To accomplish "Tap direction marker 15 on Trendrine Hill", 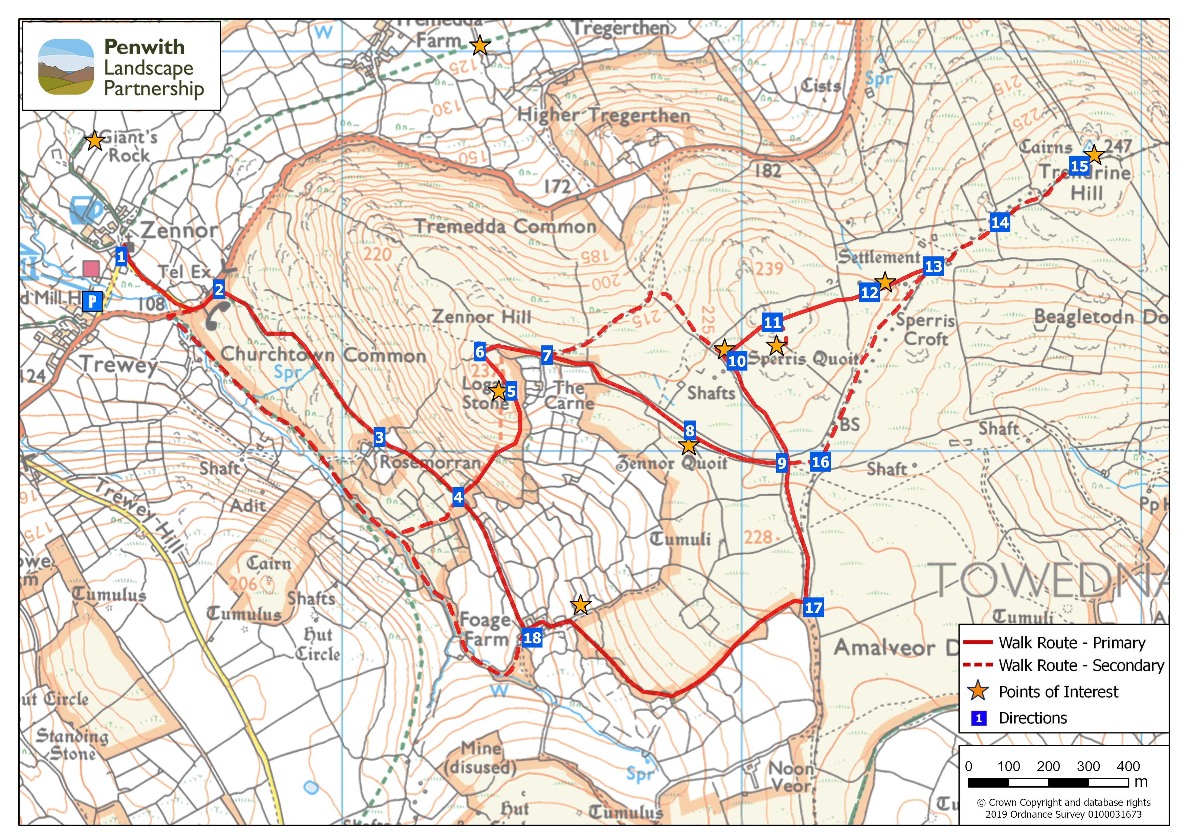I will (1079, 166).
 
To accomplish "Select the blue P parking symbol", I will (92, 301).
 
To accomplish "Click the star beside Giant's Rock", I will (95, 140).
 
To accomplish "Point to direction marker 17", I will (813, 607).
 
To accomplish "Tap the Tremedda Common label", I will (505, 226).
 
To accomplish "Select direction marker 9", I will (781, 463).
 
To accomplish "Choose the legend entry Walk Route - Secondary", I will (1080, 665).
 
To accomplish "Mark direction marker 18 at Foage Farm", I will (532, 637).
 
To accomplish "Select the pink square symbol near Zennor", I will (91, 268).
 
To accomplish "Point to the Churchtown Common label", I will (323, 355).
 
